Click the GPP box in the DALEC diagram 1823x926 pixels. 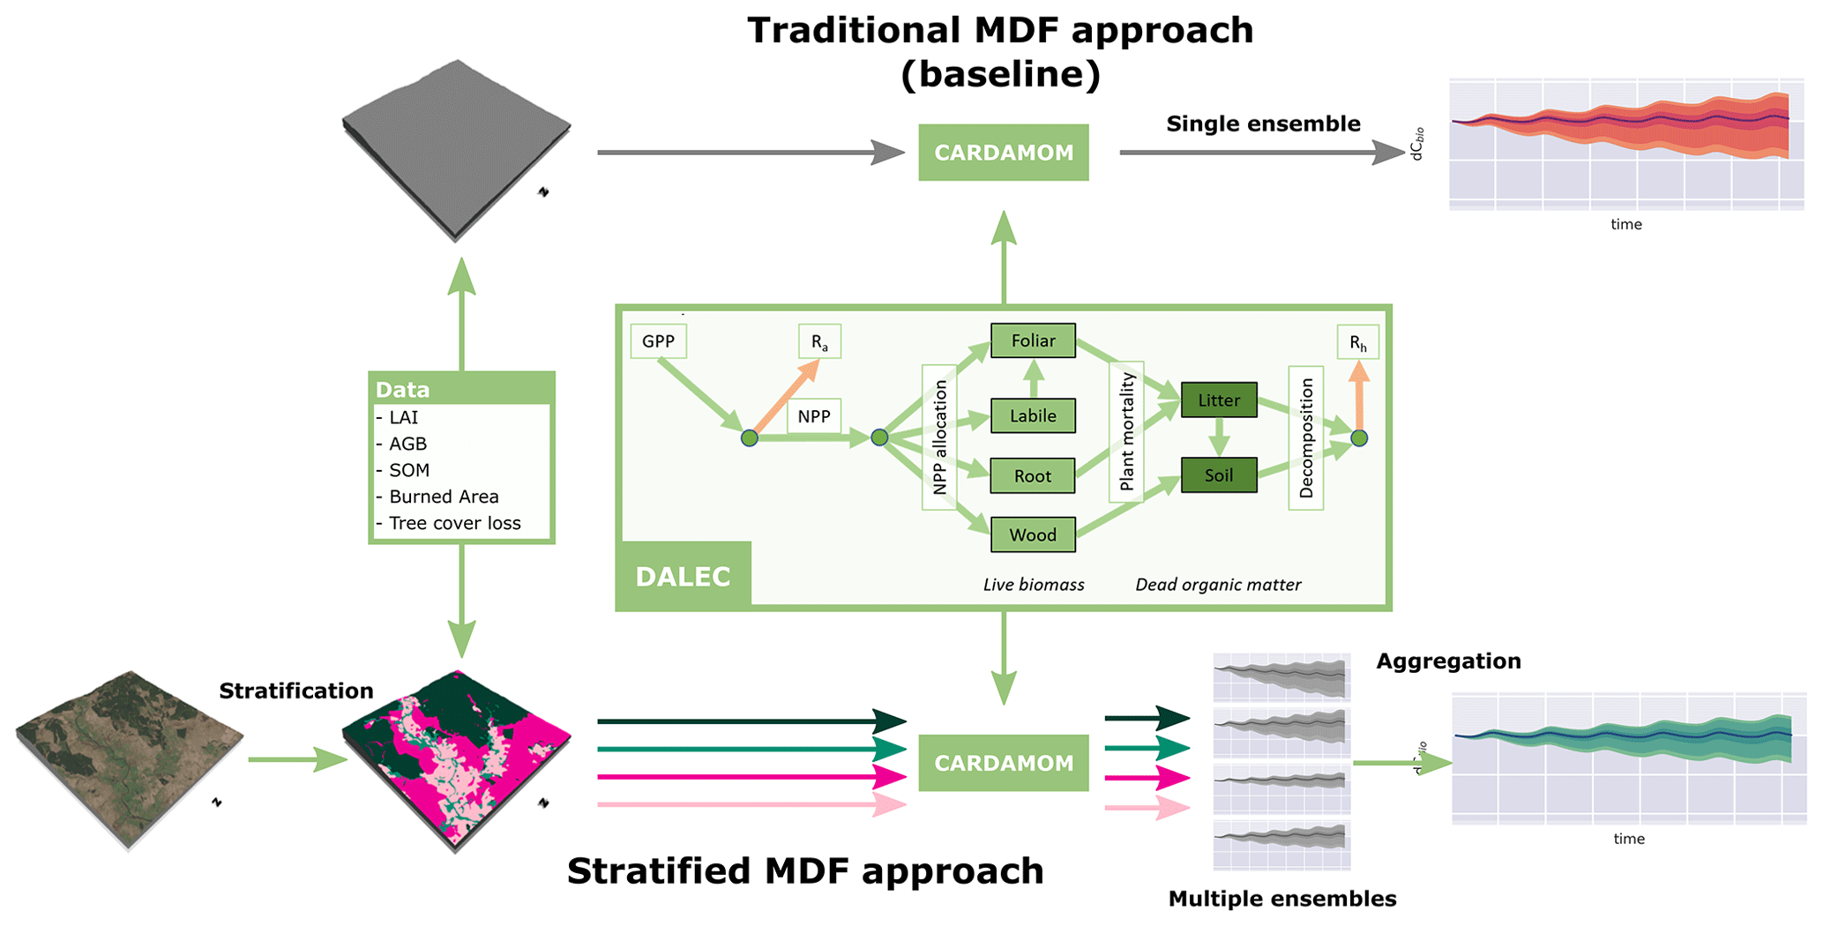pos(658,341)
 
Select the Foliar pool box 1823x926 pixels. pos(1033,340)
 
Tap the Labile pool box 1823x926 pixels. pos(1033,415)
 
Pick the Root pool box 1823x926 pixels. pos(1033,476)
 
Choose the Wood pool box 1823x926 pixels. pos(1033,534)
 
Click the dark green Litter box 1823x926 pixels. pos(1219,400)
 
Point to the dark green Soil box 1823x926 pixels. pos(1219,475)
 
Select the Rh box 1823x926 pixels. pos(1358,343)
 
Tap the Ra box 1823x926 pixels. pos(819,342)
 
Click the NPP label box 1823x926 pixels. pos(814,416)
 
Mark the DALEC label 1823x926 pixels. pos(684,577)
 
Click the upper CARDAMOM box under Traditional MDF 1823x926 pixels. pos(1004,153)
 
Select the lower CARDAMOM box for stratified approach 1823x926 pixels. pos(1004,763)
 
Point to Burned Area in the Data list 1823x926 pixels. pos(444,497)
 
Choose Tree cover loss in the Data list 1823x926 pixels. pos(454,523)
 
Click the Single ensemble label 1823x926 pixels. pos(1263,123)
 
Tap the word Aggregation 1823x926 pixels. pos(1448,661)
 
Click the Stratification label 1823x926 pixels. pos(295,691)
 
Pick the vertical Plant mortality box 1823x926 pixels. pos(1126,431)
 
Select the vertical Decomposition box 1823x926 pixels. pos(1306,437)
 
